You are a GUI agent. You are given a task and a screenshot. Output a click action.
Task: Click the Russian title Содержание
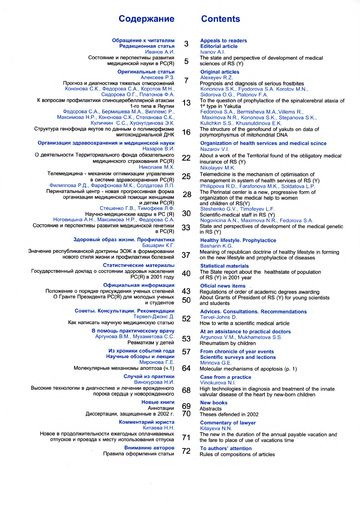coord(146,19)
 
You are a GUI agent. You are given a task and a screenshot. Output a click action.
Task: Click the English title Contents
coord(220,19)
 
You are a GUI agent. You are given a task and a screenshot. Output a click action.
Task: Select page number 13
coord(186,103)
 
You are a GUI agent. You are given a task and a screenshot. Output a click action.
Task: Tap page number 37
coord(186,255)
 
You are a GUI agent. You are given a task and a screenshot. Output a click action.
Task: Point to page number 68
coord(186,390)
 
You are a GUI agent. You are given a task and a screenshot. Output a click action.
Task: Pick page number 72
coord(186,451)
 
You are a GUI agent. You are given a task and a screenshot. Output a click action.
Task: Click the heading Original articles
coord(220,72)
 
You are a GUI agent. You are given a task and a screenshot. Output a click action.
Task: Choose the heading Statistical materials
coord(224,266)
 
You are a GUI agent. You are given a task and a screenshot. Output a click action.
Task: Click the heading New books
coord(214,403)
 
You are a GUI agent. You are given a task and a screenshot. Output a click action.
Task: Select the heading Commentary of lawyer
coord(228,423)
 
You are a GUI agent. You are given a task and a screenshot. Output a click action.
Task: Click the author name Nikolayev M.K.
coord(217,168)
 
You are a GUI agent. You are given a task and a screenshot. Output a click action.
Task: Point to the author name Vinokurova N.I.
coord(218,383)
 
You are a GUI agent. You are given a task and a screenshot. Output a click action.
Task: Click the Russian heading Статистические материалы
coord(139,265)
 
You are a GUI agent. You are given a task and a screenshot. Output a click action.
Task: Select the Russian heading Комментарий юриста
coord(146,422)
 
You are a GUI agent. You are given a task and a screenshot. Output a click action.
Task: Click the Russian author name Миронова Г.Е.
coord(157,362)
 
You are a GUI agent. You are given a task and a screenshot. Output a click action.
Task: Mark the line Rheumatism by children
coord(228,343)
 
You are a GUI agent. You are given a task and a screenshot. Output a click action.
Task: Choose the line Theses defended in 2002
coord(229,414)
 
